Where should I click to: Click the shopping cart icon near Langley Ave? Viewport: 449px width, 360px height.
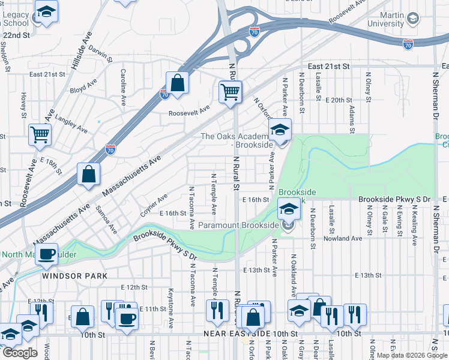pyautogui.click(x=40, y=135)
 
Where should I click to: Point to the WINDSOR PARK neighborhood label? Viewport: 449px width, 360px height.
pyautogui.click(x=74, y=276)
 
